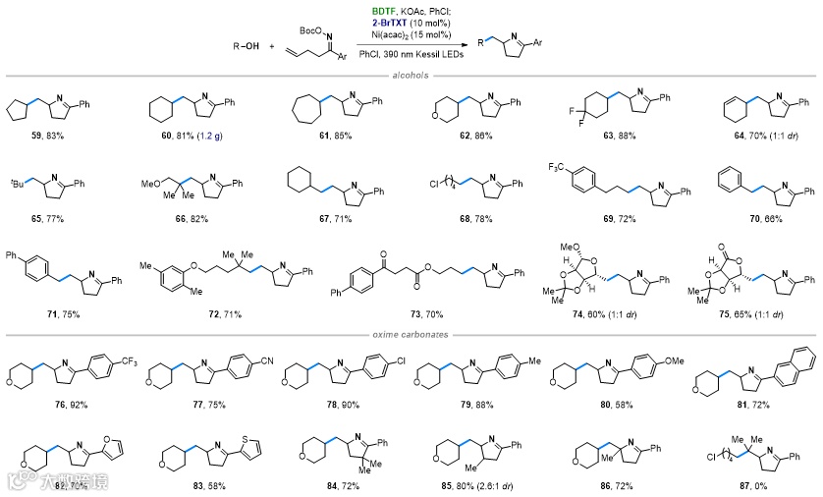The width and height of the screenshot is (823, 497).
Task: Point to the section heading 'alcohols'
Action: pyautogui.click(x=411, y=75)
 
